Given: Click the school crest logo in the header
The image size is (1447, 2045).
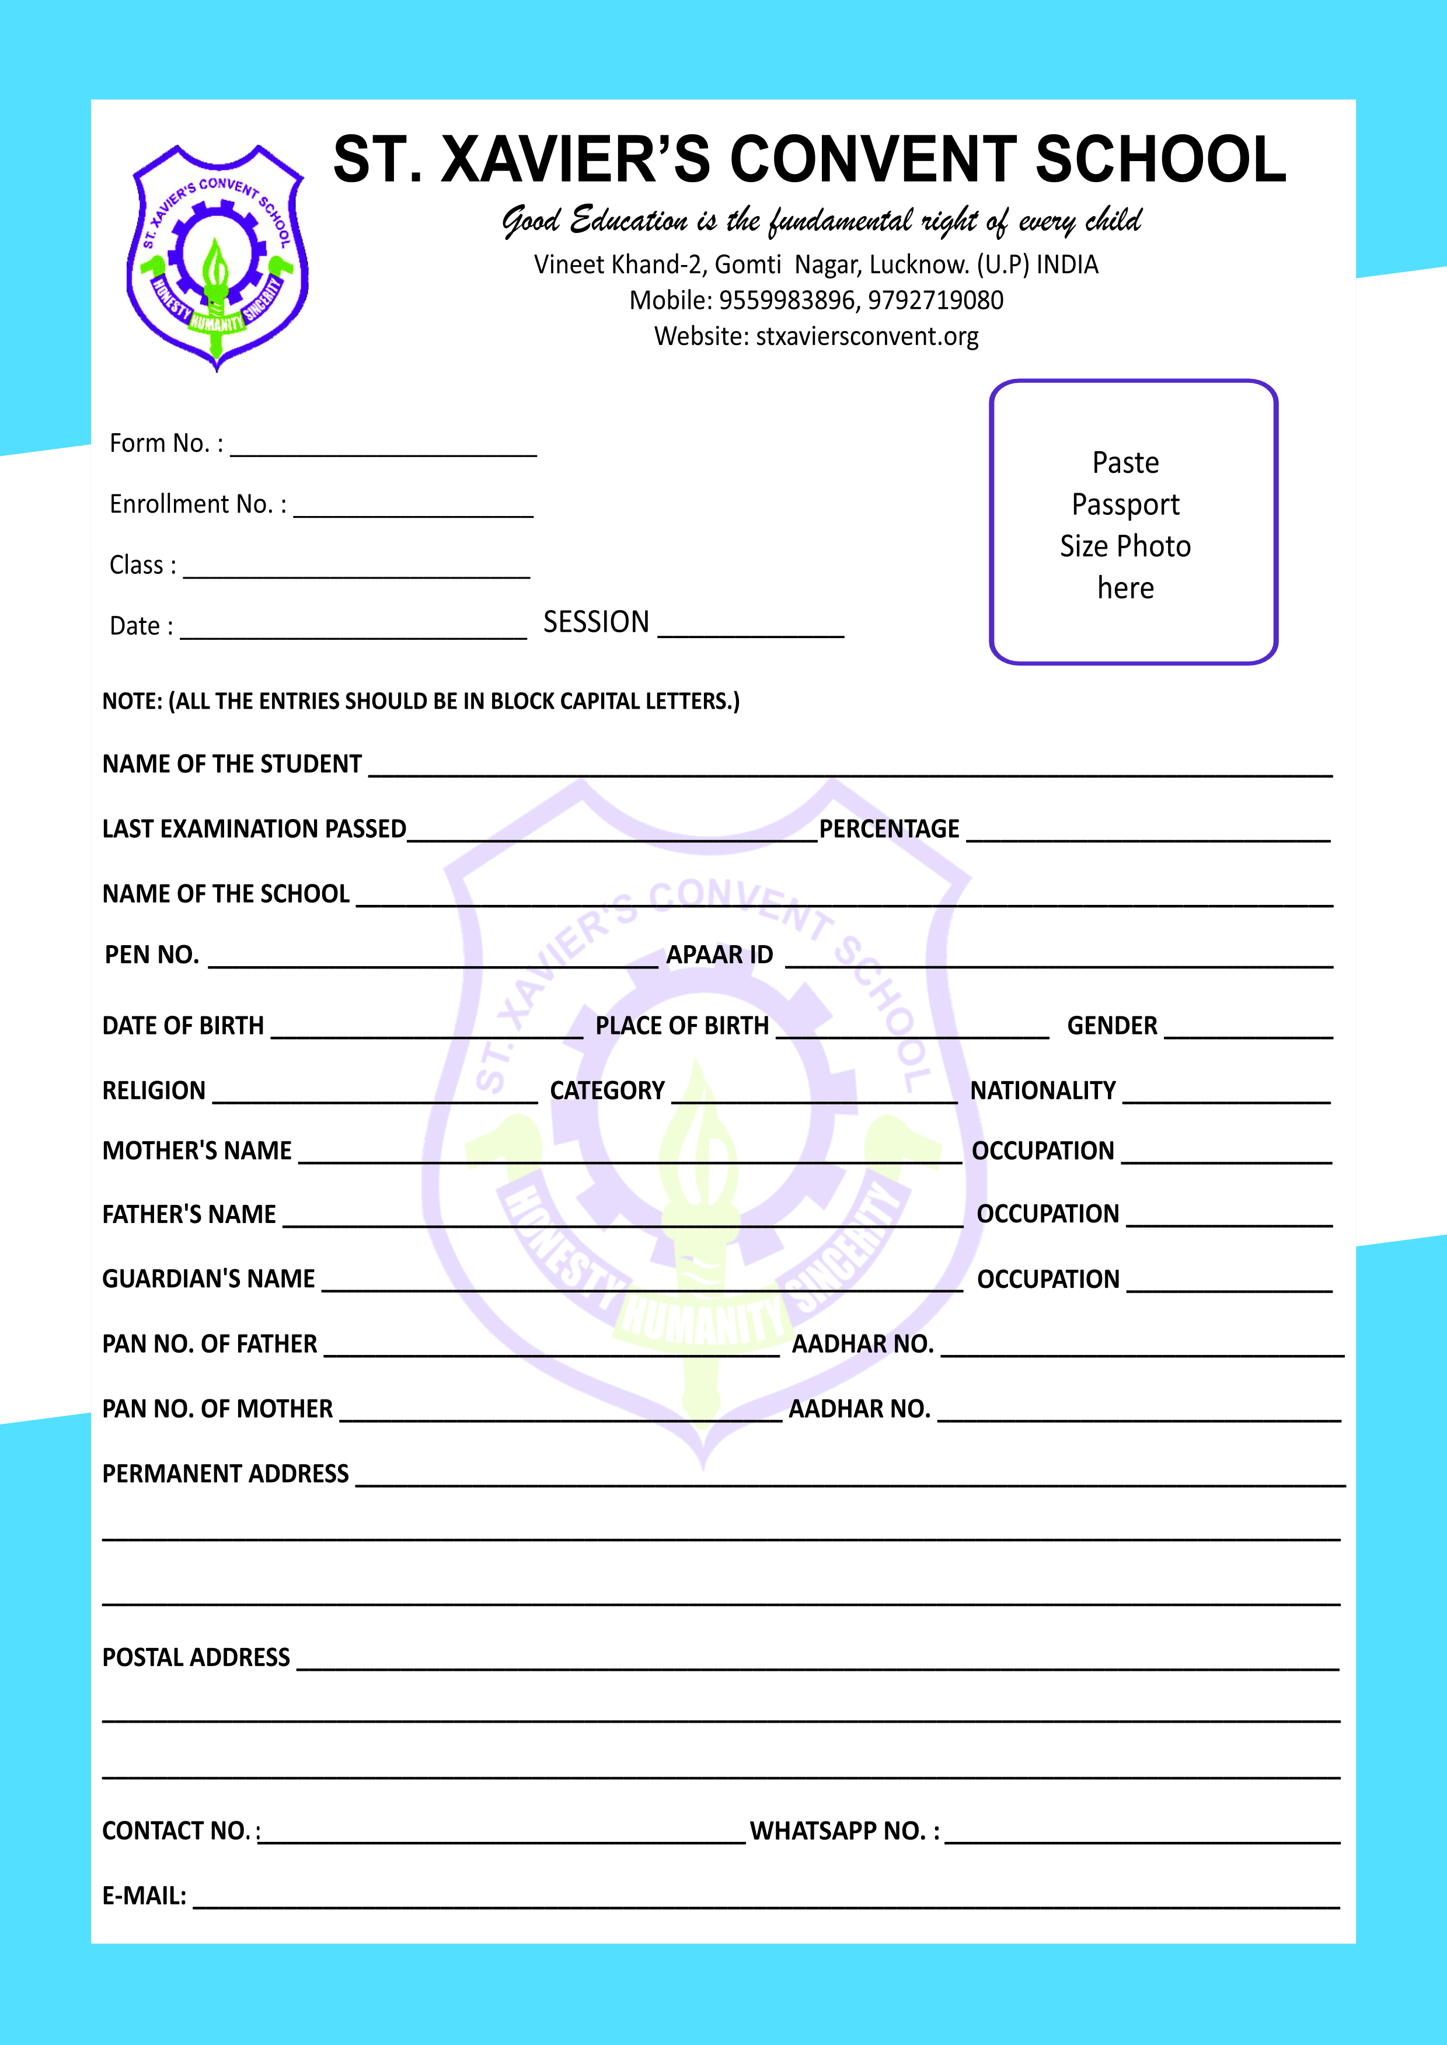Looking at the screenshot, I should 217,257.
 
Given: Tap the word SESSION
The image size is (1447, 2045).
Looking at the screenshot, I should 596,622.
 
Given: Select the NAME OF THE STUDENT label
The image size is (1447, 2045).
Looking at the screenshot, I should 232,765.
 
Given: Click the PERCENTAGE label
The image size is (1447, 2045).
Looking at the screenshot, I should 889,830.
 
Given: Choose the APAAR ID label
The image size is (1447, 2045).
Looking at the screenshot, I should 720,955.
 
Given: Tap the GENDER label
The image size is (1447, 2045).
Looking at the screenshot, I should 1112,1026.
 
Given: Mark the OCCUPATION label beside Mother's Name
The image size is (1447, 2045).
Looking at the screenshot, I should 1042,1151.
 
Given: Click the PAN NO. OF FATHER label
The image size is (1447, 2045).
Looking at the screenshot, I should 210,1344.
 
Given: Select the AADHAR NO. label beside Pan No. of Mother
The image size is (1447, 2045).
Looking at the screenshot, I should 860,1410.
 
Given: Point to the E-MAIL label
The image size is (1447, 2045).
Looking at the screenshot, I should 144,1896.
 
